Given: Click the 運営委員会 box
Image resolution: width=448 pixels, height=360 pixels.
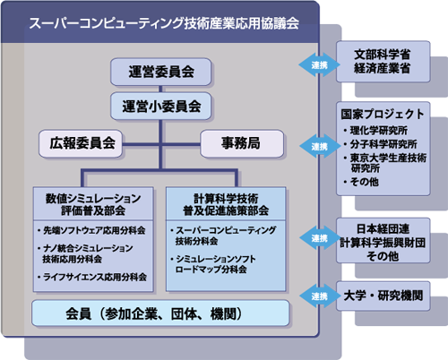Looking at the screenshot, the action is [160, 72].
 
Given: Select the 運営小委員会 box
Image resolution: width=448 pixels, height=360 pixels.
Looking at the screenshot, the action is [160, 107].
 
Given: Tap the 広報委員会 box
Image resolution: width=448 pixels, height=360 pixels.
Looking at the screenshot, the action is [81, 143].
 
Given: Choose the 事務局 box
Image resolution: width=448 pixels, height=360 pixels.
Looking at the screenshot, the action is [242, 143].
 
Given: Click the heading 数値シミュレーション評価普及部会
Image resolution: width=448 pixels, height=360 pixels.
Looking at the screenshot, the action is [93, 204].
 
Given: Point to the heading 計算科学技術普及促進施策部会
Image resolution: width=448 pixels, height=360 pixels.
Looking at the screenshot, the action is [226, 204].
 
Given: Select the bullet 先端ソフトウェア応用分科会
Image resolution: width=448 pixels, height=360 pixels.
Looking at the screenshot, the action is [91, 230].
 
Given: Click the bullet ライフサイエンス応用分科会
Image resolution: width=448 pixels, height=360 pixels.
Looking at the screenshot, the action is [92, 277].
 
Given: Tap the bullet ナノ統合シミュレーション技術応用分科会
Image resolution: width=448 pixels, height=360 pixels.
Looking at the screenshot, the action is [85, 253].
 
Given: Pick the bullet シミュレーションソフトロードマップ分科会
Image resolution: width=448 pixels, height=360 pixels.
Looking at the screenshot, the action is [213, 264].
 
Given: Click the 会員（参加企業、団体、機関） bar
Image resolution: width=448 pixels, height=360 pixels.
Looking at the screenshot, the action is [160, 313].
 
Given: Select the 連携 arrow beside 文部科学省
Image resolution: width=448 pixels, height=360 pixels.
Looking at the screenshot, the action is [319, 64].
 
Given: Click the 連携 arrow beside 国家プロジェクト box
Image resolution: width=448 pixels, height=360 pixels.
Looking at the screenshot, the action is [320, 146].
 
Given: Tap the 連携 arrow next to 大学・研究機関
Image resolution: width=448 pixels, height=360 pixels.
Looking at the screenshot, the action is [320, 296].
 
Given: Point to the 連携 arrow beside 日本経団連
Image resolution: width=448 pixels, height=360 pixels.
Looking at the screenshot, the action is [320, 238].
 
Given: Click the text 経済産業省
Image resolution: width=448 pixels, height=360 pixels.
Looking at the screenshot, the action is [382, 68].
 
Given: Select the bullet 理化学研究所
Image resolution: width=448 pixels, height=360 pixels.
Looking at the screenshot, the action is [375, 130].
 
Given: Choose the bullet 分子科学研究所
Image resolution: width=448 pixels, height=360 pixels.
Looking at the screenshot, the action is [381, 144].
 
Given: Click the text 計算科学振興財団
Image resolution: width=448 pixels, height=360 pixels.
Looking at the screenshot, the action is [383, 243].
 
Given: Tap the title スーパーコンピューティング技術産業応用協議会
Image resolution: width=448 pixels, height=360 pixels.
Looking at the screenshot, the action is [164, 23].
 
